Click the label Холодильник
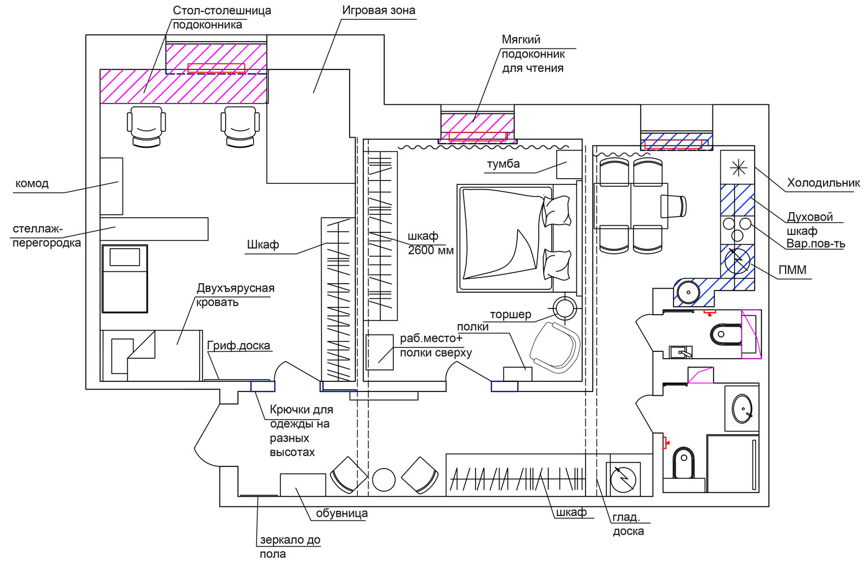(823, 183)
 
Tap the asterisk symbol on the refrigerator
(738, 168)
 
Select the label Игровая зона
(379, 10)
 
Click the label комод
(32, 183)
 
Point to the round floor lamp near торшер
(565, 309)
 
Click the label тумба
(503, 164)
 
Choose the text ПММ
(792, 270)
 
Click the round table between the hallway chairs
(384, 479)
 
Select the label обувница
(342, 513)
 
